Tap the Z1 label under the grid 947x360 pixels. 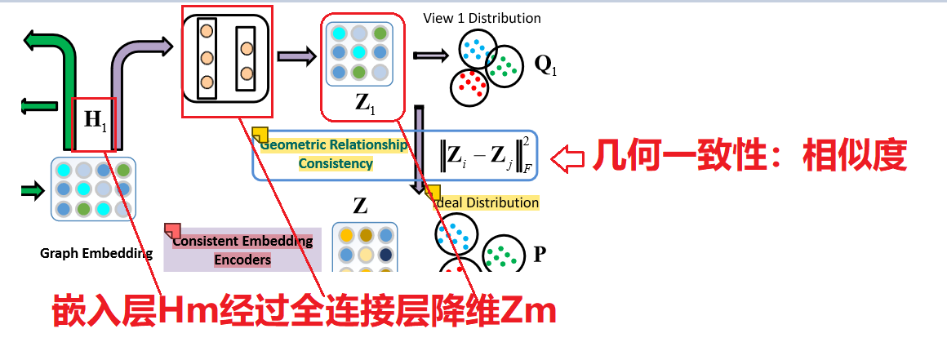(x=364, y=103)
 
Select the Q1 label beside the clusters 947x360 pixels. (x=545, y=64)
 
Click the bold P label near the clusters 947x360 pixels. (x=539, y=254)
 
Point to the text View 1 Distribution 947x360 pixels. (x=482, y=18)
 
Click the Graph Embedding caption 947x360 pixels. (x=96, y=253)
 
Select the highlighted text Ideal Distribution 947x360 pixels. (x=486, y=202)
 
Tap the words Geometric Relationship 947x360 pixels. (x=333, y=145)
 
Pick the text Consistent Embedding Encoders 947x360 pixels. (x=242, y=250)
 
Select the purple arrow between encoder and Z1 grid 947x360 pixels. (x=296, y=56)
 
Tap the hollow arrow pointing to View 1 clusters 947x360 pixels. (x=430, y=56)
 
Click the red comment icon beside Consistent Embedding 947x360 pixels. (x=172, y=231)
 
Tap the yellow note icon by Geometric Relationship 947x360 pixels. (x=260, y=136)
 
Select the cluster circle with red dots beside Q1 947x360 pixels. (x=469, y=86)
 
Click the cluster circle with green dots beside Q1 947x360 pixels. (x=507, y=64)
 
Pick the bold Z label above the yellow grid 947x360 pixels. (x=359, y=204)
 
